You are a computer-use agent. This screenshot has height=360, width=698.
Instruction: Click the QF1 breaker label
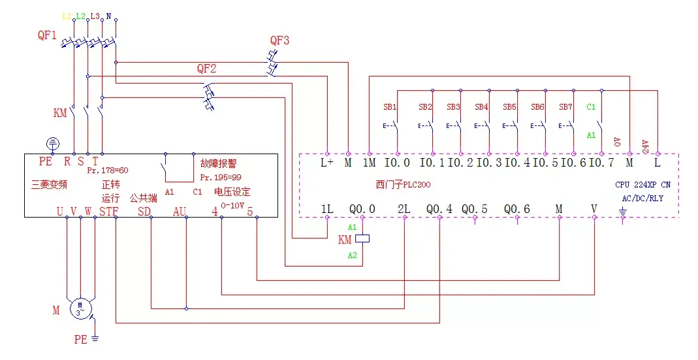(46, 36)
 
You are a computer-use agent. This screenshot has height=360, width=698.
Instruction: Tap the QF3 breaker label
(279, 41)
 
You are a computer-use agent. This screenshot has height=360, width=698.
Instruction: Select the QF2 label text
(206, 69)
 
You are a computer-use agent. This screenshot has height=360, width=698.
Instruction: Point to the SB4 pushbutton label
(481, 106)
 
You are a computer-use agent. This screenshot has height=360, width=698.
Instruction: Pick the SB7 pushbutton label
(565, 106)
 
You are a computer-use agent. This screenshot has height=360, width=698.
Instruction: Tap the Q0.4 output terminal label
(439, 209)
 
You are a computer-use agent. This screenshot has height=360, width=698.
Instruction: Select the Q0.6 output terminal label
(517, 209)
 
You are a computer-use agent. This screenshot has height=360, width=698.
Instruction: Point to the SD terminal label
(144, 210)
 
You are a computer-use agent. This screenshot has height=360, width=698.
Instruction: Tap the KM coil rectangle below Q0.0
(362, 238)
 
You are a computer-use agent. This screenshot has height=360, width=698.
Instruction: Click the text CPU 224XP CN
(642, 185)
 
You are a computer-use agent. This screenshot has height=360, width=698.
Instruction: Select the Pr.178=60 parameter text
(108, 170)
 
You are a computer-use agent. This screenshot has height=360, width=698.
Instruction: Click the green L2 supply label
(80, 15)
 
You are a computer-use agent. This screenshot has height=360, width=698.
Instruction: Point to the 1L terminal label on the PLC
(327, 209)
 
